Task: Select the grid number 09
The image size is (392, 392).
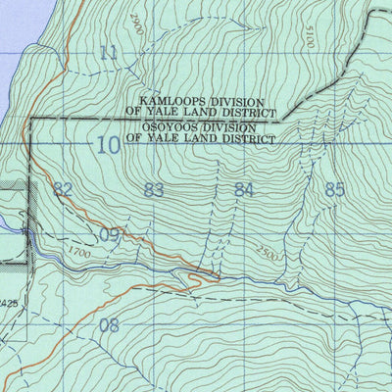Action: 111,235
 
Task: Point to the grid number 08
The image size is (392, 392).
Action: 109,325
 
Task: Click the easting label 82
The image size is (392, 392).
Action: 64,190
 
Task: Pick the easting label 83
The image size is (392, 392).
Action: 153,190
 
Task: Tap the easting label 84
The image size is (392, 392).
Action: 244,190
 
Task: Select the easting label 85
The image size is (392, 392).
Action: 335,190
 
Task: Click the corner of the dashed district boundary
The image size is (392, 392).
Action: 31,119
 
